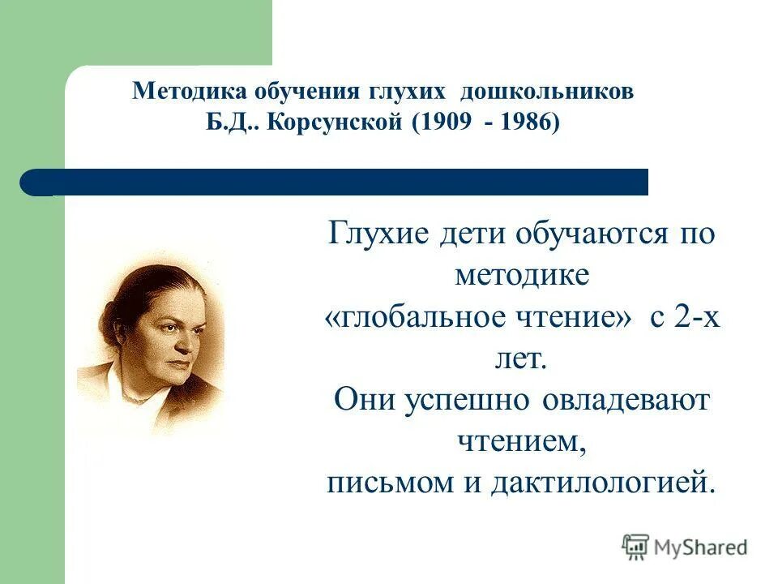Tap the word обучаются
tap(593, 234)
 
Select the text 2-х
tap(696, 317)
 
